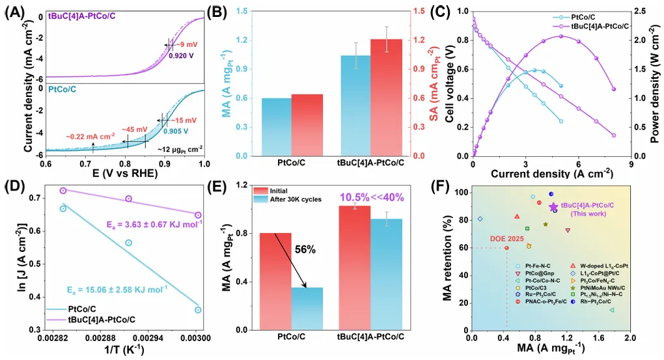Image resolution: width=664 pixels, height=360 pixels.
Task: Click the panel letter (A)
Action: tap(14, 11)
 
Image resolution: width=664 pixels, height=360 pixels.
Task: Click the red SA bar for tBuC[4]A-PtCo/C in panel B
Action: tap(386, 98)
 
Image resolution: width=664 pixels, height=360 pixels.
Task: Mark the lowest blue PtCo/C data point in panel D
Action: tap(198, 310)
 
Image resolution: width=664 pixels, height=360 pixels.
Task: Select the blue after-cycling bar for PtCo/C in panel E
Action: tap(306, 309)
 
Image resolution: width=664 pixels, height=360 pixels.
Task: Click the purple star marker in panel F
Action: tap(553, 207)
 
